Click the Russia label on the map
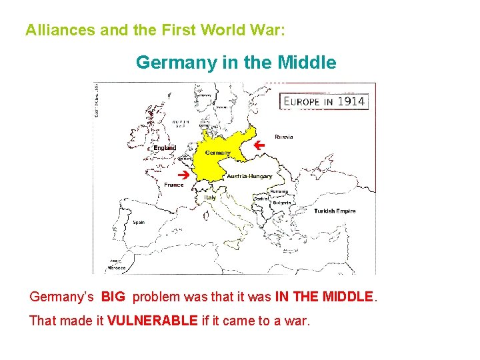tap(283, 137)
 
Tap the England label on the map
tap(165, 147)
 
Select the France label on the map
tap(174, 185)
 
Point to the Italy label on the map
tap(210, 197)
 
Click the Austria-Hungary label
tap(250, 177)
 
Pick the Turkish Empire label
tap(335, 211)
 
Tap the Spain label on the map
tap(139, 222)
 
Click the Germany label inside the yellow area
tap(218, 153)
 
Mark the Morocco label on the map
tap(117, 268)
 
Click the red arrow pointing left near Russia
tap(260, 144)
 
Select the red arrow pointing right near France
tap(188, 175)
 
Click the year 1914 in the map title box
tap(350, 101)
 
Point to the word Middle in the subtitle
tap(307, 63)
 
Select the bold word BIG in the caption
tap(113, 296)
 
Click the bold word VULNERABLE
tap(152, 321)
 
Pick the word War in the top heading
tap(271, 31)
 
